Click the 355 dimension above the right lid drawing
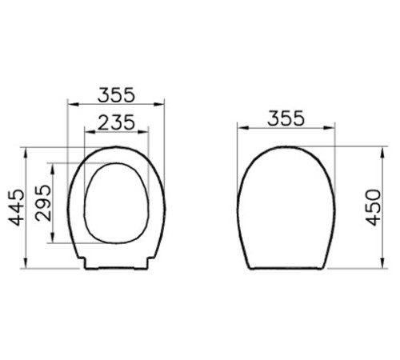pyautogui.click(x=284, y=118)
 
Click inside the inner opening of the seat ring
pyautogui.click(x=115, y=204)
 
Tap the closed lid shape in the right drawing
pyautogui.click(x=285, y=208)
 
